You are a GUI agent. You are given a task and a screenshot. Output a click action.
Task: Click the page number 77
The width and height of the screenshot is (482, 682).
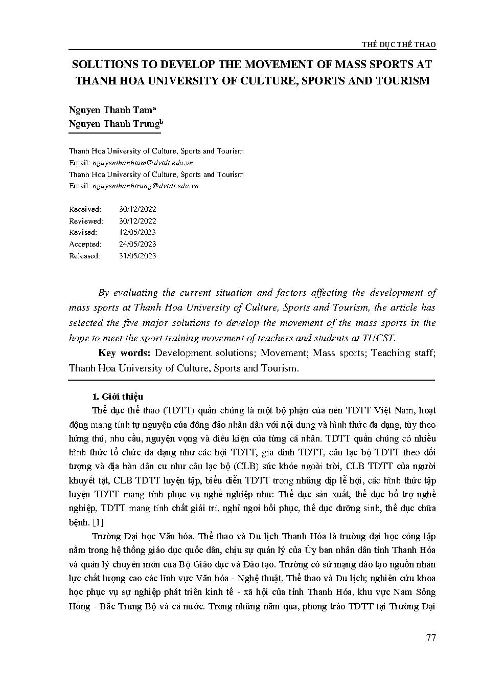[430, 637]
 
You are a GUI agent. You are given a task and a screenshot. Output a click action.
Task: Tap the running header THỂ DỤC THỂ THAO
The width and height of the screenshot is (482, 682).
[399, 45]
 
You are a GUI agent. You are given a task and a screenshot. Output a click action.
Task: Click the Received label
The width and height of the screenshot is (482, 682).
[85, 209]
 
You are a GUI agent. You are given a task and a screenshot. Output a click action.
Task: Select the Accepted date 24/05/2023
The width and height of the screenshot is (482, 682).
[137, 244]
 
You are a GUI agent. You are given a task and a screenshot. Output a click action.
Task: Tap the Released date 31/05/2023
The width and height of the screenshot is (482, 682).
[137, 256]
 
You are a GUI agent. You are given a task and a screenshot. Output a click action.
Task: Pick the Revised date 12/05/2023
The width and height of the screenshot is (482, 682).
[137, 232]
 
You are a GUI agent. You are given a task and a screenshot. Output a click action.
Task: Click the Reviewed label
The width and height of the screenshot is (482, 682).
[86, 221]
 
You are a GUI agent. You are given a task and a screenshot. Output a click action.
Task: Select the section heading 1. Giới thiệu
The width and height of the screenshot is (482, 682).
[118, 397]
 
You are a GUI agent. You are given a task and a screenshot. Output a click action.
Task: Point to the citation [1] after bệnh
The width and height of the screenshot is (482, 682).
[98, 522]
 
